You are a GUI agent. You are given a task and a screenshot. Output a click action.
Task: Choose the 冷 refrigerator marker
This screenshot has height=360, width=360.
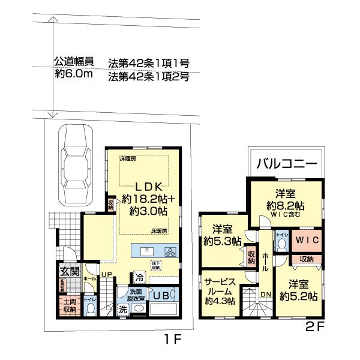click(139, 278)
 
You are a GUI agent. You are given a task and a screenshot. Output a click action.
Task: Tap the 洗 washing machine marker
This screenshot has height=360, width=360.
click(122, 310)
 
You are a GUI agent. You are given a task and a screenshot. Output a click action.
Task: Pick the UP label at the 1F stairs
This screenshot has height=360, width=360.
click(107, 275)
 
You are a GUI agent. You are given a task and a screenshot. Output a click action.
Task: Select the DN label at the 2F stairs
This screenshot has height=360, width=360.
click(266, 293)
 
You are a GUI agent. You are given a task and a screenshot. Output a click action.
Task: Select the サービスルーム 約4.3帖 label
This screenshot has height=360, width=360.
click(219, 290)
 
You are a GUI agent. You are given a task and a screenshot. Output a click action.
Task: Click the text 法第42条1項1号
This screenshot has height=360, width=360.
click(149, 62)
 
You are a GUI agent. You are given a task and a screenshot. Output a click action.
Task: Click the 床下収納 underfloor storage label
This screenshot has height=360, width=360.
click(156, 265)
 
